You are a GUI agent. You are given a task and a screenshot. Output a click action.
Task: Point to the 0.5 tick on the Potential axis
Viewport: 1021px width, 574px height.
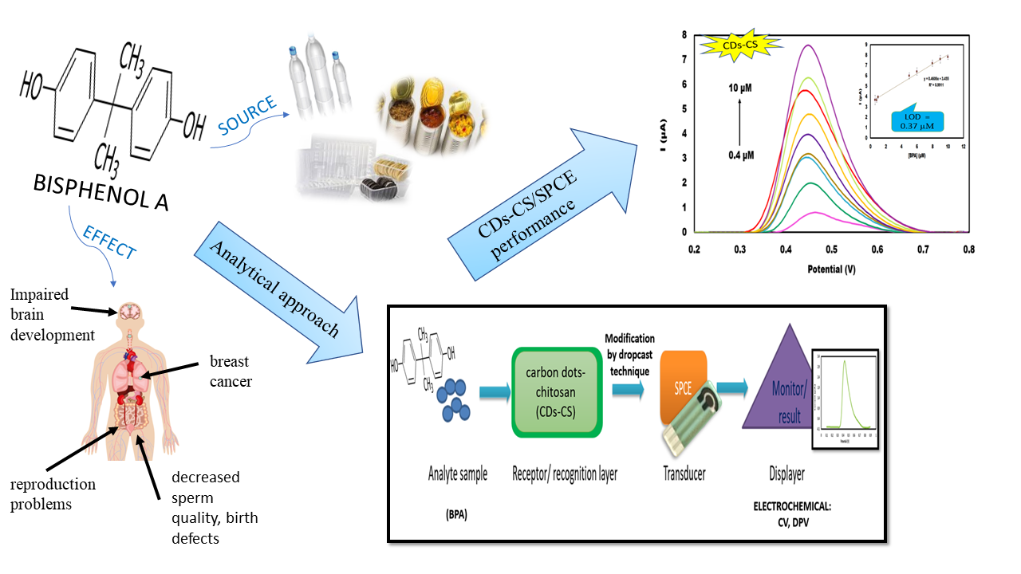click(x=786, y=249)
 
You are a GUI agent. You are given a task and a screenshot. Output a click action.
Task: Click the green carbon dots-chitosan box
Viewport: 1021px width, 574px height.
click(x=557, y=391)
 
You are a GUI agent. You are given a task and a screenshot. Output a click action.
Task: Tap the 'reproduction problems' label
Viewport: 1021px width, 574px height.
click(x=53, y=494)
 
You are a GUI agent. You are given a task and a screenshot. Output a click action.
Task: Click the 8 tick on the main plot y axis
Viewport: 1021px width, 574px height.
click(x=684, y=36)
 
